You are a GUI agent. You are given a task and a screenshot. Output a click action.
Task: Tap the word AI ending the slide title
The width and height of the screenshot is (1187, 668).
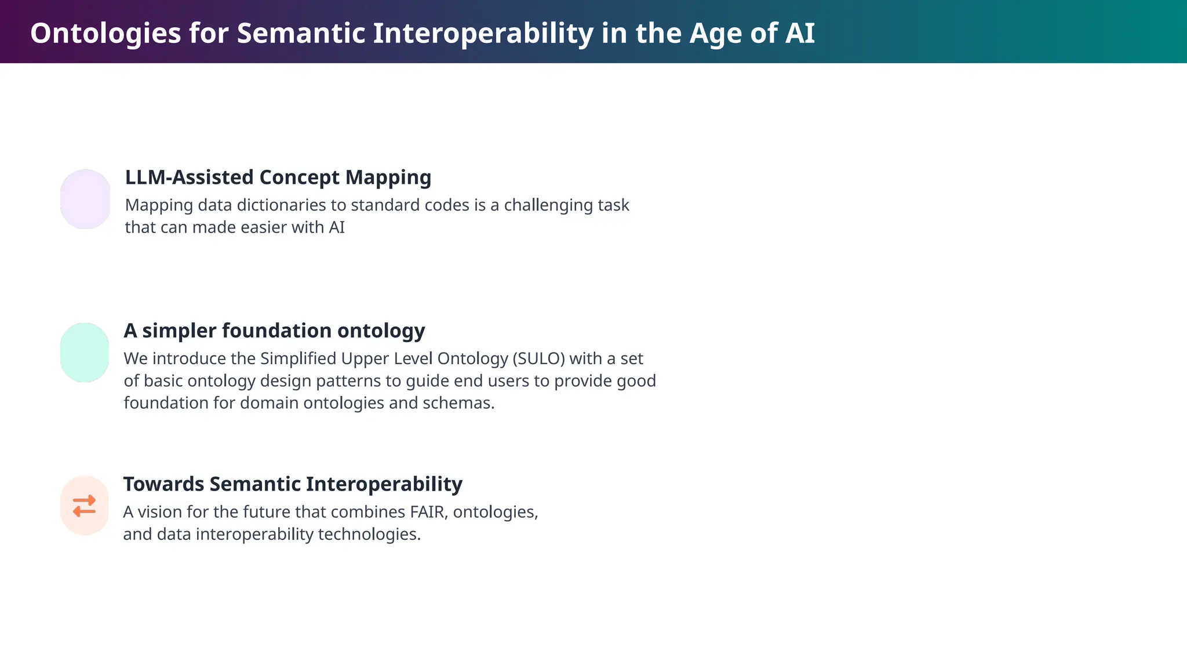pyautogui.click(x=800, y=33)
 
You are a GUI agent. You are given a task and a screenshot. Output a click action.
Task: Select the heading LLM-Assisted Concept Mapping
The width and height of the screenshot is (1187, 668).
pyautogui.click(x=278, y=177)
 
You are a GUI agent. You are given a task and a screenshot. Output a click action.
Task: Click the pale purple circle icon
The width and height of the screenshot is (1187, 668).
pyautogui.click(x=85, y=199)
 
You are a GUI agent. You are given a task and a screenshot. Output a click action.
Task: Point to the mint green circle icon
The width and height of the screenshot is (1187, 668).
pyautogui.click(x=85, y=353)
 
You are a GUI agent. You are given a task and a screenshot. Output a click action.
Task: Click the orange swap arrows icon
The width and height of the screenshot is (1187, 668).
pyautogui.click(x=85, y=506)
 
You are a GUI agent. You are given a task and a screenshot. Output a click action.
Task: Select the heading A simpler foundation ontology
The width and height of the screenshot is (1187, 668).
pyautogui.click(x=274, y=331)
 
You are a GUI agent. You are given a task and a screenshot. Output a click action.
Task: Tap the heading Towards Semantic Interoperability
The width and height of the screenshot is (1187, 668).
pyautogui.click(x=293, y=484)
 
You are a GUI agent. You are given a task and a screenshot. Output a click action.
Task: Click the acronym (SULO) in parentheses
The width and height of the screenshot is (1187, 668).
pyautogui.click(x=538, y=359)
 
